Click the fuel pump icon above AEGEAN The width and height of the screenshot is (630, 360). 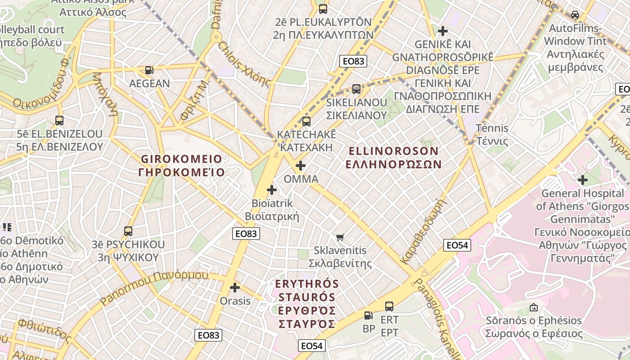(x=149, y=70)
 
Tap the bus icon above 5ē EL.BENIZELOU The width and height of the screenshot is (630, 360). (x=59, y=121)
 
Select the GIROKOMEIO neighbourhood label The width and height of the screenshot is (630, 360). (x=181, y=159)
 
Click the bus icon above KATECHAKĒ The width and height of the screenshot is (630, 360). (x=306, y=121)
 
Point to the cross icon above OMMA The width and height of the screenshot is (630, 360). (x=301, y=166)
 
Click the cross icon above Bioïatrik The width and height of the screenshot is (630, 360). (x=272, y=190)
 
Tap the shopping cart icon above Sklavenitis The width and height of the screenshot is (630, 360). (x=340, y=237)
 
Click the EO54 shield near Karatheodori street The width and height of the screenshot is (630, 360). (x=457, y=245)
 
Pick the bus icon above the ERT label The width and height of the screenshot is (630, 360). (x=389, y=306)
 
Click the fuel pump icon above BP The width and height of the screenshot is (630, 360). (x=369, y=315)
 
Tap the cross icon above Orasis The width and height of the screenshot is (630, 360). (x=235, y=287)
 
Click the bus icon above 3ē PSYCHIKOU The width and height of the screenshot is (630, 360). (x=128, y=231)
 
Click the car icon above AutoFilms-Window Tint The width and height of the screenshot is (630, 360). (x=575, y=14)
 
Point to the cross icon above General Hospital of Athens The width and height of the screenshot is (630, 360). (x=583, y=180)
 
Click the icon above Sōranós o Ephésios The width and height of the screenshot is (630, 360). (x=534, y=307)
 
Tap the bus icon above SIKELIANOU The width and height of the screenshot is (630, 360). (x=356, y=89)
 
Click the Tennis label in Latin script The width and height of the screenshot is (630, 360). (x=492, y=128)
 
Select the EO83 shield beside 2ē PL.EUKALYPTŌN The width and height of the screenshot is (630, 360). (x=353, y=61)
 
